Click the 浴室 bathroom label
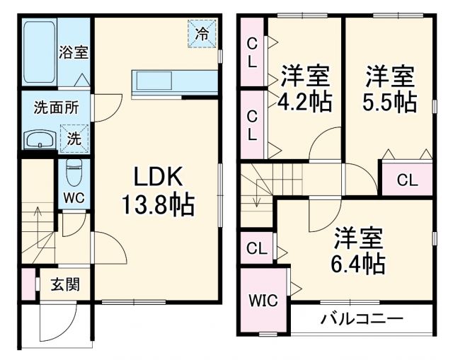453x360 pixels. tap(74, 52)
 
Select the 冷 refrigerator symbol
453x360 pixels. tap(202, 33)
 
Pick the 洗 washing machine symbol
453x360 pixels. tap(74, 138)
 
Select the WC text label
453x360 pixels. tap(74, 198)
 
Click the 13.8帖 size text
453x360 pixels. tap(157, 206)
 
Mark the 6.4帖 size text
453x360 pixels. tap(359, 265)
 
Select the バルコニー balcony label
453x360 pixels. tap(362, 318)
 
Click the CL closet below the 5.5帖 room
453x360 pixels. tap(407, 180)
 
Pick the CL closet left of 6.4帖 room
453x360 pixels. tap(256, 248)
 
